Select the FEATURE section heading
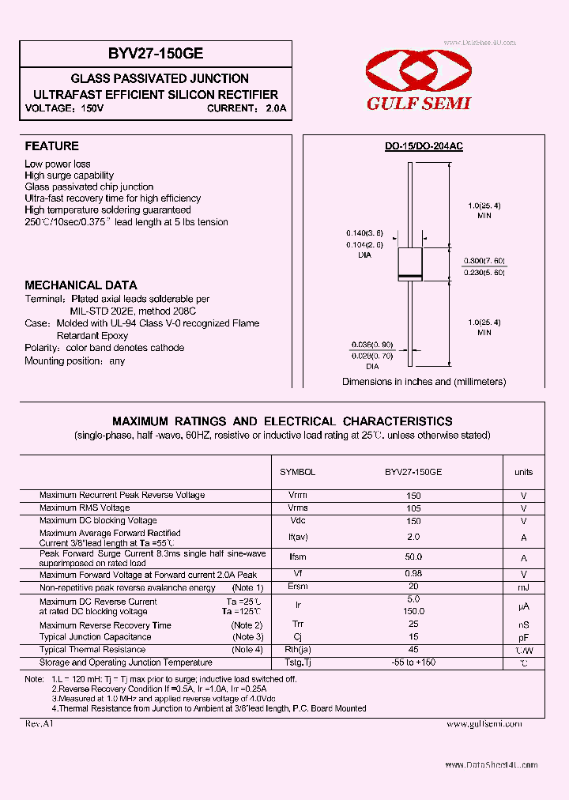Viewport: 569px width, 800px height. (x=51, y=146)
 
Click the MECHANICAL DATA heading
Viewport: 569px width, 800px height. (x=81, y=285)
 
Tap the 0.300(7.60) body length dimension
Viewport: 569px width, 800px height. (x=484, y=261)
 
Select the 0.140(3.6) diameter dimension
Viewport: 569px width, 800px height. (x=364, y=233)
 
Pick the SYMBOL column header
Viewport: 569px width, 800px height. (x=297, y=472)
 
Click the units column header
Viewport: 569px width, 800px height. (x=523, y=472)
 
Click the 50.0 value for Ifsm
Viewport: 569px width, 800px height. (x=413, y=557)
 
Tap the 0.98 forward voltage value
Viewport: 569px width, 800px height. (x=413, y=574)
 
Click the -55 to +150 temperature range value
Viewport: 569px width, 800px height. (x=413, y=662)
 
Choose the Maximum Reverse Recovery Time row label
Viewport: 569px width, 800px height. (x=105, y=625)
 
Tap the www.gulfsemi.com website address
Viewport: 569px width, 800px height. (x=484, y=723)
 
